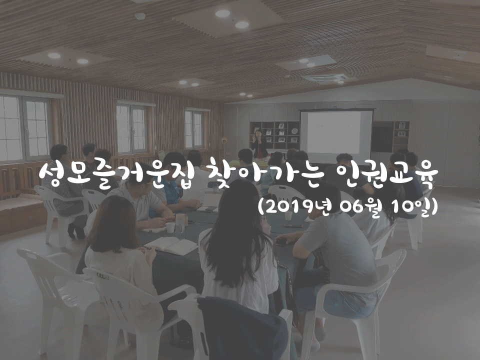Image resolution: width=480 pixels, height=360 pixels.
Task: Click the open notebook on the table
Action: pos(171,245)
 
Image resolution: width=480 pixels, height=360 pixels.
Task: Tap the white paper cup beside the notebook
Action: pos(170,227)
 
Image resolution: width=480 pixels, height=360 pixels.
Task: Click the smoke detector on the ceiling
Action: pos(140,16)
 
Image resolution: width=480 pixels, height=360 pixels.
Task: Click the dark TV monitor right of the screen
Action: pos(382,139)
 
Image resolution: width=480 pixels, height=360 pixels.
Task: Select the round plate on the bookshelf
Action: pos(294,130)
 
